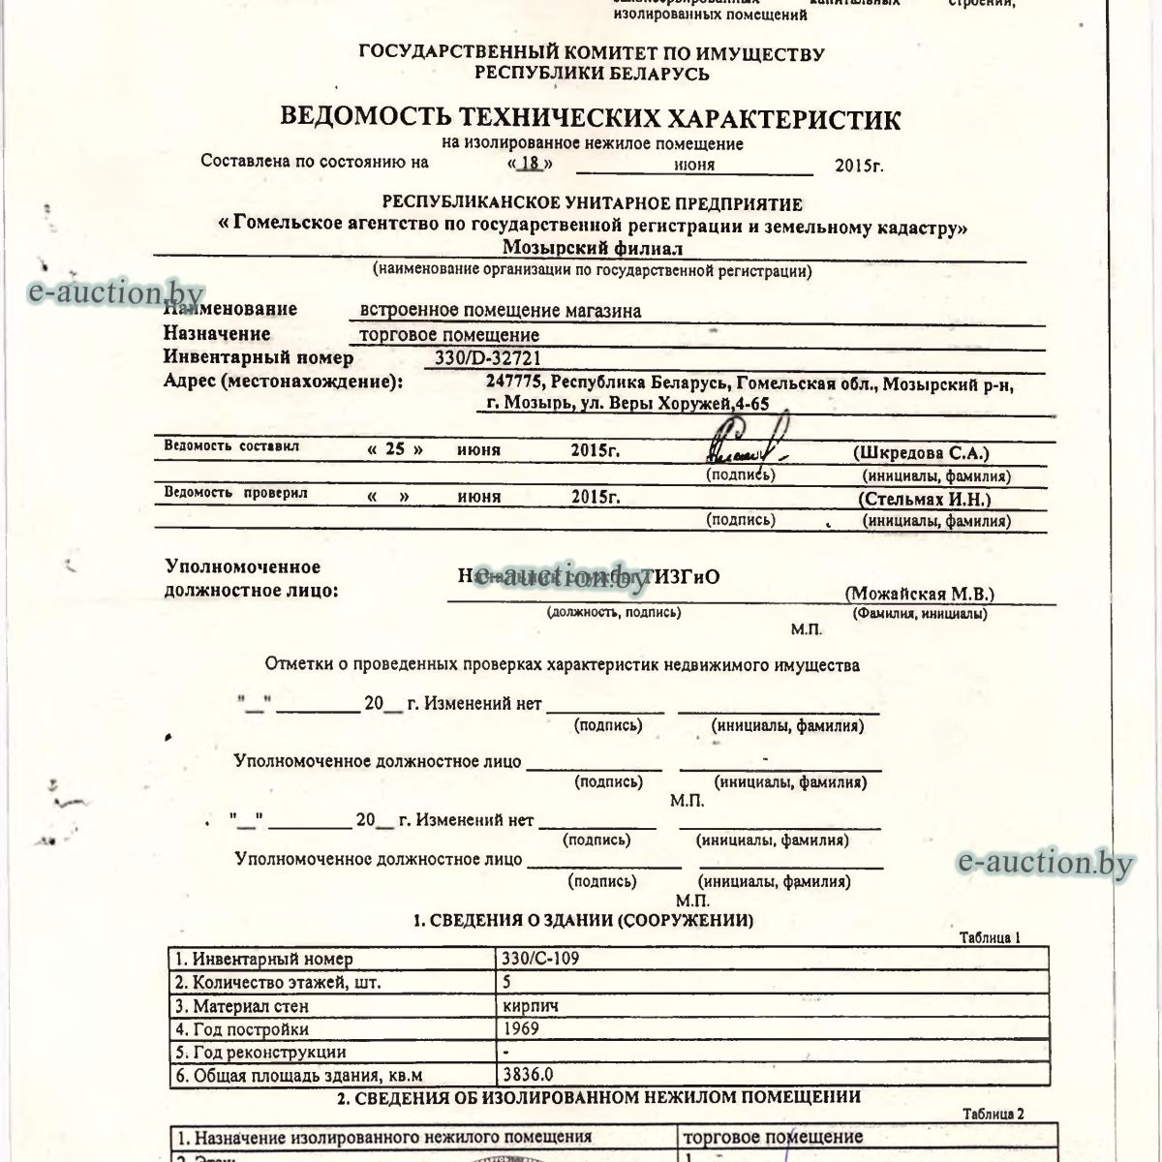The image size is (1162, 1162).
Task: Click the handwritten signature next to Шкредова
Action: pyautogui.click(x=746, y=444)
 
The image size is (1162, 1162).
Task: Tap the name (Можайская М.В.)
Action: pyautogui.click(x=919, y=594)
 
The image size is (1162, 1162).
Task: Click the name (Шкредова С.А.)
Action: pyautogui.click(x=920, y=452)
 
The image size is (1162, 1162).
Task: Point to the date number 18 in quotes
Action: pyautogui.click(x=530, y=164)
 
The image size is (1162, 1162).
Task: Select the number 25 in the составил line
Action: pyautogui.click(x=395, y=450)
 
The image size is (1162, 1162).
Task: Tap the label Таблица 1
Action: pyautogui.click(x=991, y=936)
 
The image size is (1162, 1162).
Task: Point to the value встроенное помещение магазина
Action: pyautogui.click(x=500, y=311)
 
